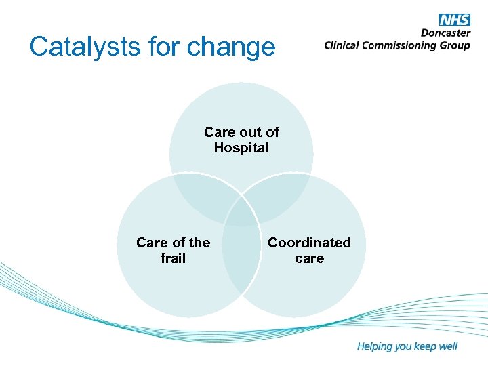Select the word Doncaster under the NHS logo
445,33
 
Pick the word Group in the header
455,45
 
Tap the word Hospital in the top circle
241,148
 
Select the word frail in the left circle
173,258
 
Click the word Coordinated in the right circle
309,242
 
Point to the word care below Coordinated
309,258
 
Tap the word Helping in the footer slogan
375,346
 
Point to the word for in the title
159,47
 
